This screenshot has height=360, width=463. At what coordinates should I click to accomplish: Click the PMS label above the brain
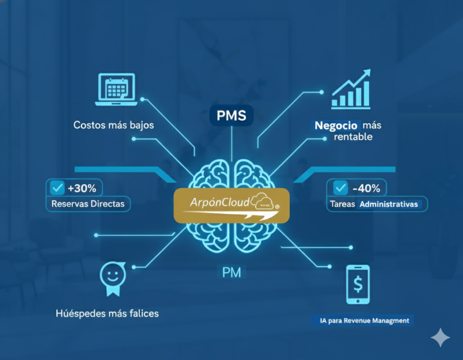click(231, 116)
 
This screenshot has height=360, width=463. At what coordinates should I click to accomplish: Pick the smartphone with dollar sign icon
click(358, 284)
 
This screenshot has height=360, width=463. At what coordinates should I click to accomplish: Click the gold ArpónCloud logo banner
click(231, 205)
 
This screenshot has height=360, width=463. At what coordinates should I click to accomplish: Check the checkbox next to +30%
click(58, 188)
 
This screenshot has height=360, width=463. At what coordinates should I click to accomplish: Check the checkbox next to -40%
click(341, 188)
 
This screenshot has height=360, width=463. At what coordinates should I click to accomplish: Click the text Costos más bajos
click(113, 125)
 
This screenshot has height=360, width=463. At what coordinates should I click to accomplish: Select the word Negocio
click(336, 126)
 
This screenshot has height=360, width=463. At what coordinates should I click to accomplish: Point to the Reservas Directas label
click(88, 204)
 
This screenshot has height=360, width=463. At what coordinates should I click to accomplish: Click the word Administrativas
click(389, 204)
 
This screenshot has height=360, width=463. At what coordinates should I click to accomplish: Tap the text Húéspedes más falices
click(107, 313)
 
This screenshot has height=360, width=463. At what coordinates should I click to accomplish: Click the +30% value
click(83, 188)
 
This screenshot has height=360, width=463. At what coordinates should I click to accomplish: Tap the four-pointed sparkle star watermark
click(440, 337)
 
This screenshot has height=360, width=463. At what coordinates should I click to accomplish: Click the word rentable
click(353, 137)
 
